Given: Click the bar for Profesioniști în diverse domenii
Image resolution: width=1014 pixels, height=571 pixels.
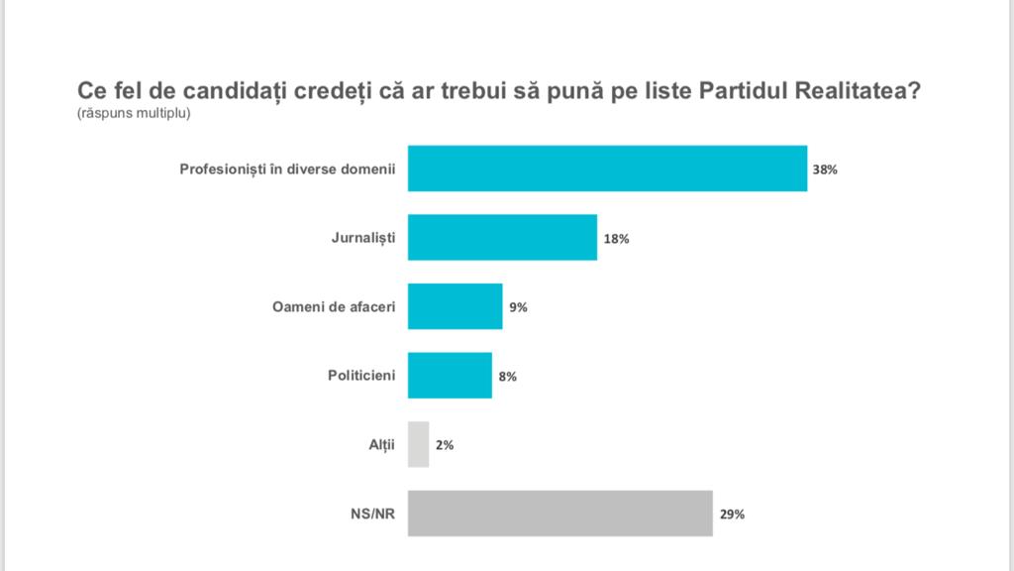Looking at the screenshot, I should coord(607,169).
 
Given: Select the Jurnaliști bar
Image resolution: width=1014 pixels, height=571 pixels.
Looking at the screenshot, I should coord(502,238).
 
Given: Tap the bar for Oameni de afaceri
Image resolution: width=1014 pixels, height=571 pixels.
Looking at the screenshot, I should coord(455,306).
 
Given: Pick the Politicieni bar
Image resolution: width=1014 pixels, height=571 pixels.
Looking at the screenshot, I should coord(450,376).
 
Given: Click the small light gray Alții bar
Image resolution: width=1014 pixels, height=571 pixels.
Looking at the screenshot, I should coord(419,444).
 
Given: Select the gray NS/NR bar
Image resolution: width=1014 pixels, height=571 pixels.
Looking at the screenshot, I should coord(560,514).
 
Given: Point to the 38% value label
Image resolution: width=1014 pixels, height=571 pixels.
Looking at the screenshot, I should coord(826,170).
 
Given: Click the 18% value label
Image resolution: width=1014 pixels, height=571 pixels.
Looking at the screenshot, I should coord(615,239).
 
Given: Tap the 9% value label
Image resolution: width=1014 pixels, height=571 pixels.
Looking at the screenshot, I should coord(518,307).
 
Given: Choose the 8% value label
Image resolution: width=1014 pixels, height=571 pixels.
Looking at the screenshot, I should coord(507,377).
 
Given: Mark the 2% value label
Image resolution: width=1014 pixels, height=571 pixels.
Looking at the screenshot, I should coord(445,445).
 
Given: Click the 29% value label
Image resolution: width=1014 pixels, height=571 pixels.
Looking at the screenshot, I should coord(733,514).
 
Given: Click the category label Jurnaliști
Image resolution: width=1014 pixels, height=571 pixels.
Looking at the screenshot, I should coord(363,238).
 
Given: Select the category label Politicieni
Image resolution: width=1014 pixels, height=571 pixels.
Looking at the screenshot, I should coord(361,376).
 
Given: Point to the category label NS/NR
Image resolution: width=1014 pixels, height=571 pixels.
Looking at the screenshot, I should coord(372,514).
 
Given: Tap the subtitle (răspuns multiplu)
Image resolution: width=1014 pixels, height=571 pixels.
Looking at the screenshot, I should coord(133,113).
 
